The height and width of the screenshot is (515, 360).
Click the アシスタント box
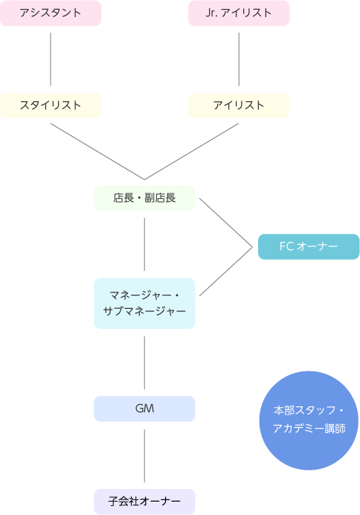point(51,13)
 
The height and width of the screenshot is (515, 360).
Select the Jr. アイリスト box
point(239,13)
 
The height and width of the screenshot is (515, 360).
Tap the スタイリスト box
point(51,106)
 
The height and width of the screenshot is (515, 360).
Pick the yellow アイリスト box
point(239,106)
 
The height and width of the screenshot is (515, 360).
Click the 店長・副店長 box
point(145,198)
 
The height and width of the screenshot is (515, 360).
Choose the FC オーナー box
point(309,246)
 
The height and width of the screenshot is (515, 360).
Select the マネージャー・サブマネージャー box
point(145,304)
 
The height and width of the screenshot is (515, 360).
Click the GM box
point(145,409)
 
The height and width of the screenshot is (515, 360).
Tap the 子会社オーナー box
point(145,502)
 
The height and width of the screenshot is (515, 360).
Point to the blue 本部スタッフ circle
point(309,420)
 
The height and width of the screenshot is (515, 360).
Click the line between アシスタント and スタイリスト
point(51,59)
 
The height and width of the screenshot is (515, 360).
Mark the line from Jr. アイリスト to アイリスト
point(239,59)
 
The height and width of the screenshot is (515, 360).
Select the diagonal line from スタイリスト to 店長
point(97,151)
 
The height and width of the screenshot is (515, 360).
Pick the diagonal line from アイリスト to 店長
point(192,151)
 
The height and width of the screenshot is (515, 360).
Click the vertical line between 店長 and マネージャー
point(145,244)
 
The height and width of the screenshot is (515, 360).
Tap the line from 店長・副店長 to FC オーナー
point(226,223)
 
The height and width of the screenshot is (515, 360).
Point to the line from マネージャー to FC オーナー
point(226,272)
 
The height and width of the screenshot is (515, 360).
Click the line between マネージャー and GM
point(145,363)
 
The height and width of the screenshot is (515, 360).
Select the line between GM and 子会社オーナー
point(145,456)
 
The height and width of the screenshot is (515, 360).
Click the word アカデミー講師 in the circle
point(309,429)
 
